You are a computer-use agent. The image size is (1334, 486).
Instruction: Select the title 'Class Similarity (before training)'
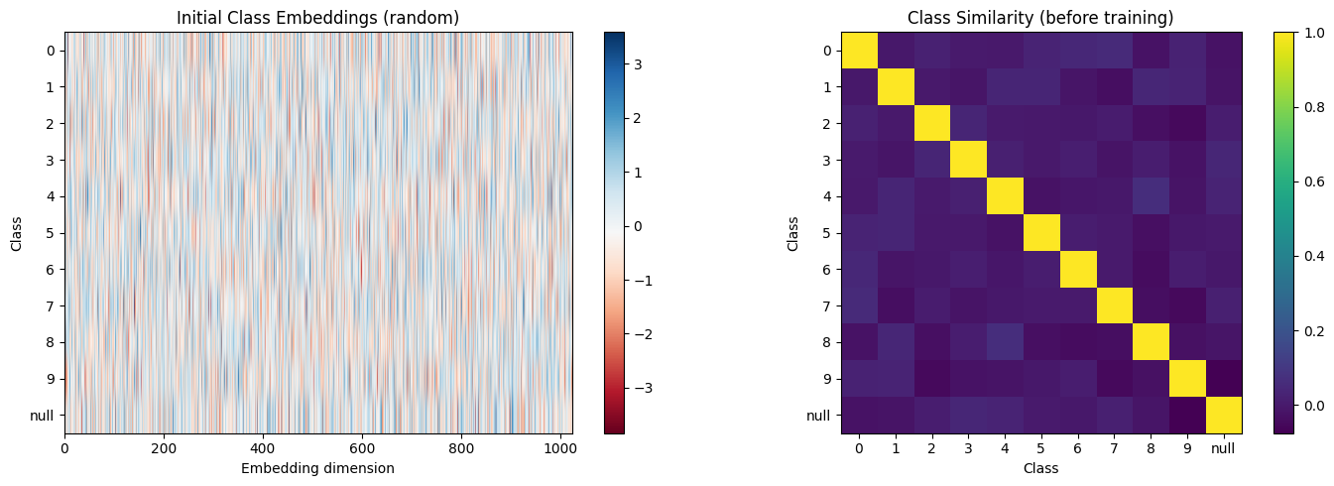1041,17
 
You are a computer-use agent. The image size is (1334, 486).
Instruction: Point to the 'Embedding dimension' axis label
318,468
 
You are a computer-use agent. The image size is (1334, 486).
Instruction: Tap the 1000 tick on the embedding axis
560,448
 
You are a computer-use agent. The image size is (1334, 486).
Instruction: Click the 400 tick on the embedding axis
263,448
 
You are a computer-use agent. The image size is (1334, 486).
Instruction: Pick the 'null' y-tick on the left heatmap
46,416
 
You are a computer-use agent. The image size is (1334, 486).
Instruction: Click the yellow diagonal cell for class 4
1006,196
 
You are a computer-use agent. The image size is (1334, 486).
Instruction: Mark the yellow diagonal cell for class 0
860,51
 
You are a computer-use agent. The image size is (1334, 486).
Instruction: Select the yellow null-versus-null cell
1224,416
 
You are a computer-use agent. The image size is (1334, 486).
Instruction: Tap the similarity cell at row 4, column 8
1151,196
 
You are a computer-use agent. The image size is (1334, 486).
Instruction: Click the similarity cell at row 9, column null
1224,379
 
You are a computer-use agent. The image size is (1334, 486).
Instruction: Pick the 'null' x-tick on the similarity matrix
1224,448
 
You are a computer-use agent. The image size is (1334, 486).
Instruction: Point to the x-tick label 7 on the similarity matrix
1115,448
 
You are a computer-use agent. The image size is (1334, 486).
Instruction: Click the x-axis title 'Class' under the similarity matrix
1041,468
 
